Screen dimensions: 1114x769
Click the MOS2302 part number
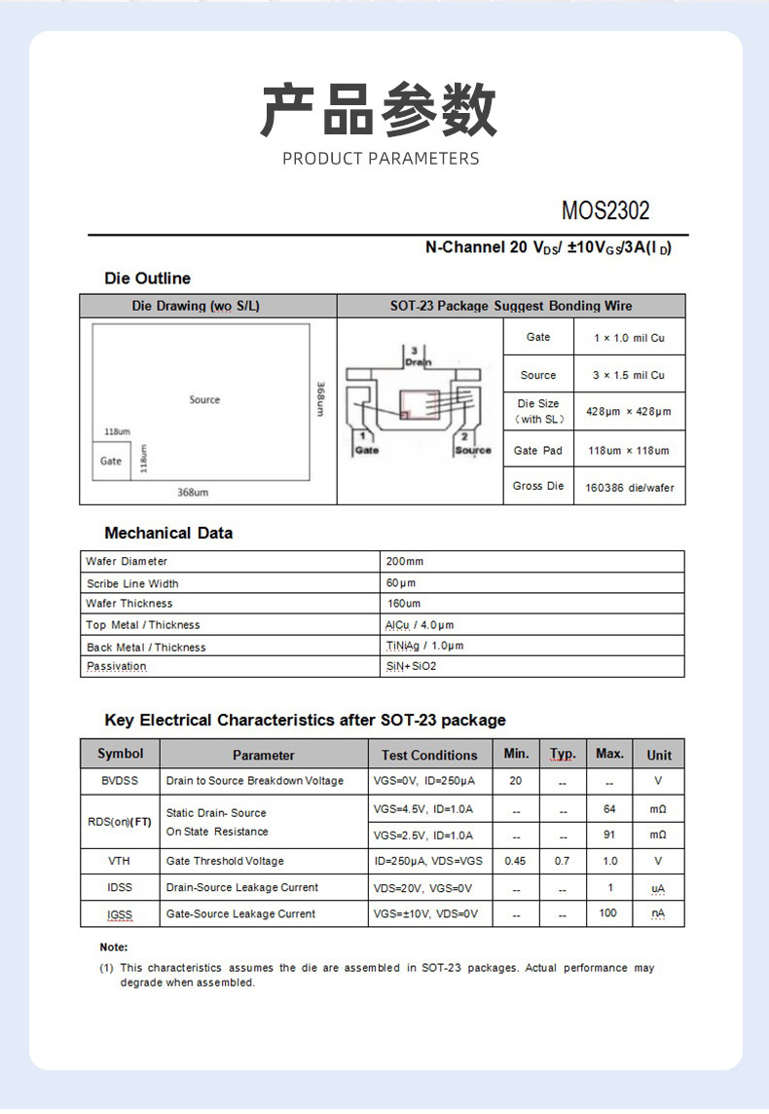pos(604,210)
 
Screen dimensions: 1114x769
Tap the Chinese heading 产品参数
pos(380,110)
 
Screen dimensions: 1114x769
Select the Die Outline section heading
pos(147,278)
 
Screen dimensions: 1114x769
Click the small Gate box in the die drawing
pos(111,461)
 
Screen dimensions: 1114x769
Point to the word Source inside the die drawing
pos(204,399)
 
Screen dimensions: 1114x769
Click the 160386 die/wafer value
pos(629,487)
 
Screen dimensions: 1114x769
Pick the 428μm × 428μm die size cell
pos(628,412)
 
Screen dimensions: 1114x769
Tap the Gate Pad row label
pos(538,450)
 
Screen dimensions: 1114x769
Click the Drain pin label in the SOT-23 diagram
pos(417,361)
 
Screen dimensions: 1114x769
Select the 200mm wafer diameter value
pos(405,562)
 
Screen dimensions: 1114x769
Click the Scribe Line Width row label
pos(132,583)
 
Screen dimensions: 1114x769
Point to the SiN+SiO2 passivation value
pos(411,666)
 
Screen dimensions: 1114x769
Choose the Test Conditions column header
pos(429,755)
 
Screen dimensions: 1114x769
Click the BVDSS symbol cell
pos(120,781)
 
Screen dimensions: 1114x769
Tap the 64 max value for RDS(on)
pos(609,809)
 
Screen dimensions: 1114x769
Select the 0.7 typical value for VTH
pos(563,861)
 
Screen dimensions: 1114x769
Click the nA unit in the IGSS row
pos(659,913)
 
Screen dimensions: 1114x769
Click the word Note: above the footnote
pos(114,947)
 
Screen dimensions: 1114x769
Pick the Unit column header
pos(659,755)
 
